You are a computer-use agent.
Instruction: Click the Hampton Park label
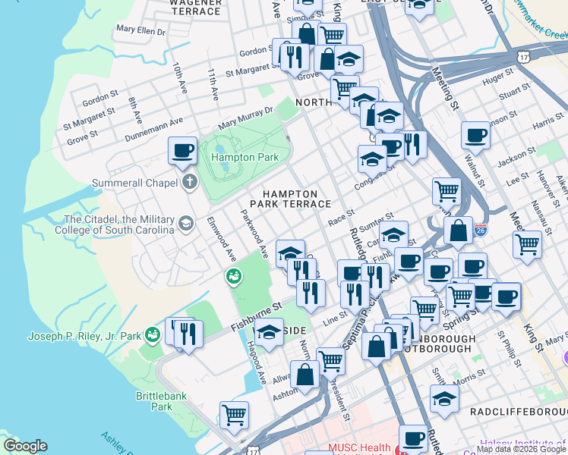pyautogui.click(x=241, y=157)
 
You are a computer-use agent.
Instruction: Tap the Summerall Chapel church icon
pyautogui.click(x=188, y=182)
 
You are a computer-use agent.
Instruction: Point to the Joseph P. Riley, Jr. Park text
pyautogui.click(x=84, y=336)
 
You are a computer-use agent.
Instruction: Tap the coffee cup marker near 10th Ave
pyautogui.click(x=181, y=150)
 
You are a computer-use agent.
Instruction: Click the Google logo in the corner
pyautogui.click(x=25, y=446)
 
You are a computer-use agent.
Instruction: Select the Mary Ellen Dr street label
pyautogui.click(x=140, y=30)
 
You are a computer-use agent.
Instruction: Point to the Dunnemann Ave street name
pyautogui.click(x=156, y=121)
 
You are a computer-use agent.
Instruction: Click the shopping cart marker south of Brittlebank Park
pyautogui.click(x=235, y=415)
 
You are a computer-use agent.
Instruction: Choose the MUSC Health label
pyautogui.click(x=359, y=448)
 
